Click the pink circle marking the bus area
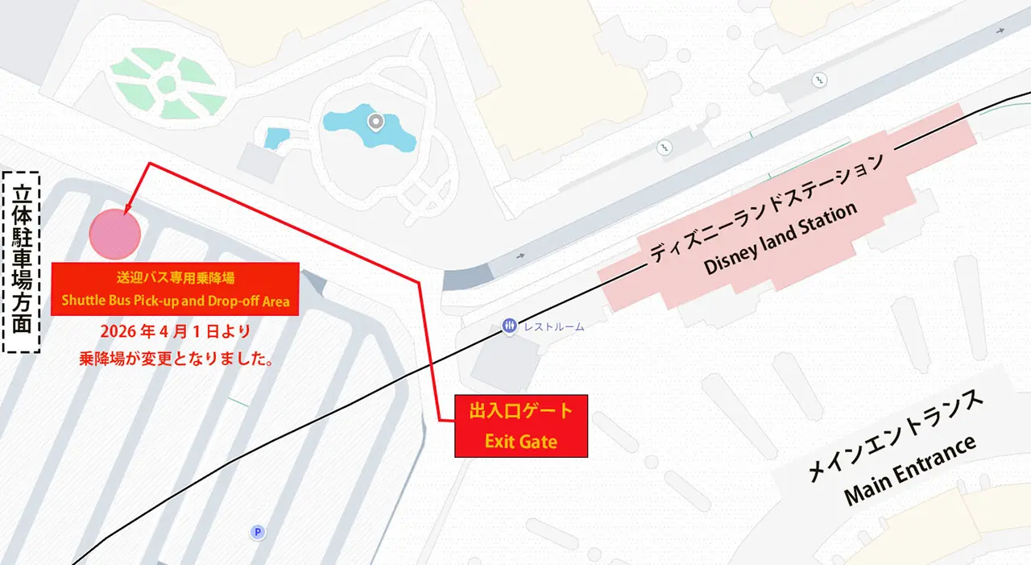click(115, 234)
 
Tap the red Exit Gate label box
click(521, 426)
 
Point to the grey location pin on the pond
click(375, 123)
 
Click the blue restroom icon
click(509, 326)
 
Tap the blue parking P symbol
click(258, 532)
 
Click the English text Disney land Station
click(780, 239)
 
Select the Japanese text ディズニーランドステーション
click(767, 206)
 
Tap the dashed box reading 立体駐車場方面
click(22, 262)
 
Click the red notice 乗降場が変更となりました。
click(176, 359)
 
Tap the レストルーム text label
click(553, 327)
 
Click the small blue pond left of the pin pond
click(276, 138)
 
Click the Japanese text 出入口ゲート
click(521, 411)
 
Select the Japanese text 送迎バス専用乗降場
click(175, 277)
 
